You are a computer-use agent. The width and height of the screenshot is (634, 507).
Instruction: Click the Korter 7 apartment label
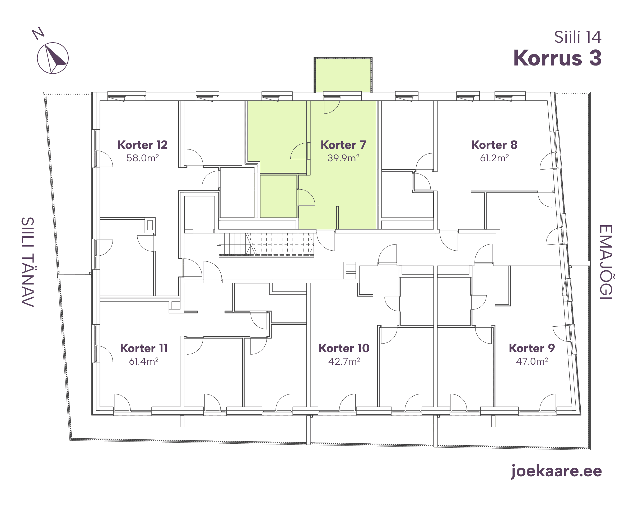[343, 145]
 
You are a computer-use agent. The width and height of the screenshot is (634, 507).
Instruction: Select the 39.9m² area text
[343, 158]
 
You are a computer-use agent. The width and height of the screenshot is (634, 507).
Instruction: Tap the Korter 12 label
[142, 145]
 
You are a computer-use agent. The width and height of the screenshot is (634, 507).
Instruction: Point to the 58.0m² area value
[142, 158]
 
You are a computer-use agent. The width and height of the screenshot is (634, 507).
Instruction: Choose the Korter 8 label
[494, 145]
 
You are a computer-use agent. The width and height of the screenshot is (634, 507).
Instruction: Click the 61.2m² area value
[494, 158]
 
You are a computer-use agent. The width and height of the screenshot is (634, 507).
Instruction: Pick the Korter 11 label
[143, 348]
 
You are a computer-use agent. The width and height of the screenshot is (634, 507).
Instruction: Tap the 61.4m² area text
[143, 361]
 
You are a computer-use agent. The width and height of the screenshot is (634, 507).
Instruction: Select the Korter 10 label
[344, 348]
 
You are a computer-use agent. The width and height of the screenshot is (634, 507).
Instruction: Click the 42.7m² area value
[344, 361]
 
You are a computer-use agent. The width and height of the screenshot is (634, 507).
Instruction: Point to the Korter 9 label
[532, 348]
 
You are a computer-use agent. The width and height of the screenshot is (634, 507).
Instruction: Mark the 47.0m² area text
[532, 361]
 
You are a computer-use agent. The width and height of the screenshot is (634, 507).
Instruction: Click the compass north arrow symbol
[53, 58]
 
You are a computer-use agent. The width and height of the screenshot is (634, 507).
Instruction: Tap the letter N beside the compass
[38, 33]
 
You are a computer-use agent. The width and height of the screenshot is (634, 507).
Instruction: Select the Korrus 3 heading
[557, 58]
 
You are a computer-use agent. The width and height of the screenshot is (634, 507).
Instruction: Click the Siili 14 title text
[578, 37]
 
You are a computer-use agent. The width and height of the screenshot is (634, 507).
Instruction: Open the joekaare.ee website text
[556, 471]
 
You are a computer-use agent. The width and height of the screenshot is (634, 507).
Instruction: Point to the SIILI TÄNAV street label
[28, 262]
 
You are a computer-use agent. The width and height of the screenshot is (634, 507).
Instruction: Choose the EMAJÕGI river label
[606, 262]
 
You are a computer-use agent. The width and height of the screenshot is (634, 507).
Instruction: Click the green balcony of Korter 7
[343, 75]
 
